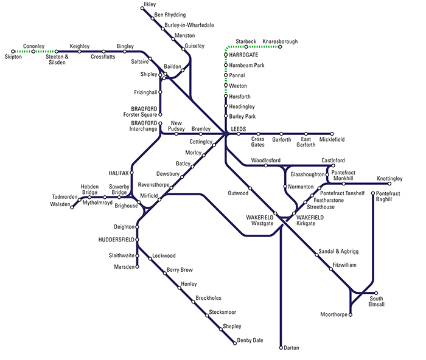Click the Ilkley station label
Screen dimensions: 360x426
point(149,5)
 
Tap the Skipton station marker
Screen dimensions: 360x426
point(13,52)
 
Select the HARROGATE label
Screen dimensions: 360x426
point(241,55)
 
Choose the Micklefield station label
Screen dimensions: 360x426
point(332,140)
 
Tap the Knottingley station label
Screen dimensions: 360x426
point(389,179)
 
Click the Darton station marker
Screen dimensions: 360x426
point(281,348)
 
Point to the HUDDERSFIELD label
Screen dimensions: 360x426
point(115,240)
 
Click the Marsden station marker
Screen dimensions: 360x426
point(138,266)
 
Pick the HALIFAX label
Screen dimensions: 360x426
point(119,173)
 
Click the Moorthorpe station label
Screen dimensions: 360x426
point(333,314)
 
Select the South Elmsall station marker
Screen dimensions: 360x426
point(376,292)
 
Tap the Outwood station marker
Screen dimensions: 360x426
point(250,188)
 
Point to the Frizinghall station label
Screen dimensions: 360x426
point(146,92)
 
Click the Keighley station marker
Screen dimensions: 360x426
point(80,52)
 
